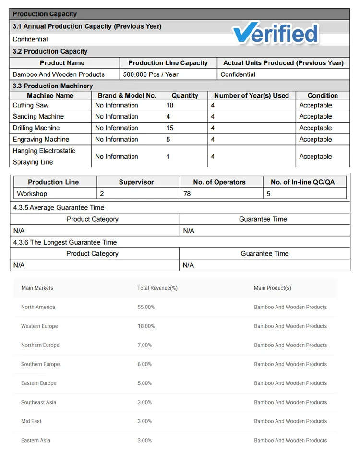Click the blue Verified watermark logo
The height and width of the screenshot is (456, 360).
point(276,34)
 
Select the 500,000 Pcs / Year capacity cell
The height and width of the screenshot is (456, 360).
point(151,74)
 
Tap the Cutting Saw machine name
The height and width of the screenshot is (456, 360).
point(31,105)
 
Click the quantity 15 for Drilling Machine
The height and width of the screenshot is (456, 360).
point(170,128)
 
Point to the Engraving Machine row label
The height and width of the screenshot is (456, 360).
point(41,140)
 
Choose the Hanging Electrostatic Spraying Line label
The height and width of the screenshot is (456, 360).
point(44,157)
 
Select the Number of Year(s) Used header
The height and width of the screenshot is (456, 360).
point(252,96)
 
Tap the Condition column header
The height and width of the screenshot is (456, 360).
point(323,96)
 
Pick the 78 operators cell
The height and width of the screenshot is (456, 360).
point(188,194)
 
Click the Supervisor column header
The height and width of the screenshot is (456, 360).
point(136,182)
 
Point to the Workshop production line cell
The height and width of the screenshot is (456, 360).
point(32,194)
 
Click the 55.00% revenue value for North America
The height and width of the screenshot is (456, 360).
point(146,307)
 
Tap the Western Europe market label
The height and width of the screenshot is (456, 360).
point(39,326)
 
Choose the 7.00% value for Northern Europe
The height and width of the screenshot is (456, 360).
point(144,345)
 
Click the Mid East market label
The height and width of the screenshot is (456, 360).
point(31,421)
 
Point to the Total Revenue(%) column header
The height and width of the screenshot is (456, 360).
point(157,288)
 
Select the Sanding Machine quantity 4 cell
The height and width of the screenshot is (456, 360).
point(168,117)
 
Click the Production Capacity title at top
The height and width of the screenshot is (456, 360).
point(45,14)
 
